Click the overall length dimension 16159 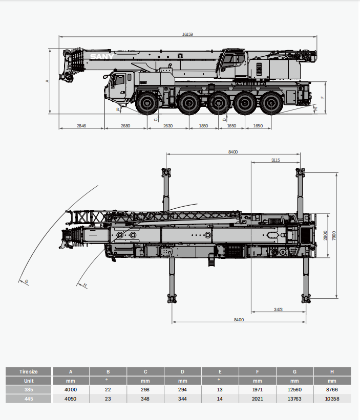point(187,34)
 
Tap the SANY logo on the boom point(102,57)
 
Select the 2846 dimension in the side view point(81,125)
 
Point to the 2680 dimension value point(125,125)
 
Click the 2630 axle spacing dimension point(168,125)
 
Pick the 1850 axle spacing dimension point(203,125)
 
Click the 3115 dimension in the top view point(275,160)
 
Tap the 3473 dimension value point(278,310)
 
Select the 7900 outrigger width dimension point(334,235)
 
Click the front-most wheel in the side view point(147,103)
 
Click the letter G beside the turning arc point(26,281)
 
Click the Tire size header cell point(29,372)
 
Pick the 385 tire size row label point(29,390)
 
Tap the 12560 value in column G point(294,390)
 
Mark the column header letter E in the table point(220,372)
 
